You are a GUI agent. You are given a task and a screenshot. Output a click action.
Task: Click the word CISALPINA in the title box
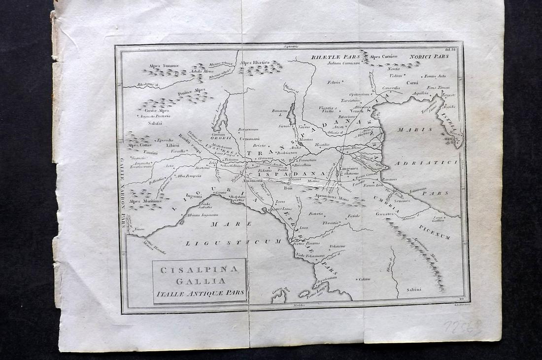pyautogui.click(x=199, y=269)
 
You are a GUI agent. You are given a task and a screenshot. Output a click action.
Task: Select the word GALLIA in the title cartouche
pyautogui.click(x=200, y=281)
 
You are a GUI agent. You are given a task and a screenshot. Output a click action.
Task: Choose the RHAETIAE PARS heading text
pyautogui.click(x=332, y=57)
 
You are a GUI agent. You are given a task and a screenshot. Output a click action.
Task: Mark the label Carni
pyautogui.click(x=412, y=82)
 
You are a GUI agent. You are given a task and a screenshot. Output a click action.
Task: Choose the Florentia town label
pyautogui.click(x=331, y=223)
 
